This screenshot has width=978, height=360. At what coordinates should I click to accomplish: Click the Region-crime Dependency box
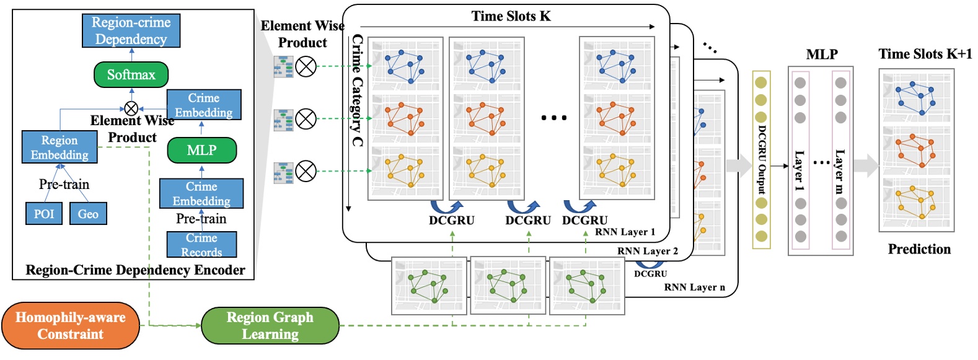(131, 31)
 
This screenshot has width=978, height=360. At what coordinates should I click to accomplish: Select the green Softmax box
(131, 75)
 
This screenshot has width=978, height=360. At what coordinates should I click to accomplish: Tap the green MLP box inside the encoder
(201, 150)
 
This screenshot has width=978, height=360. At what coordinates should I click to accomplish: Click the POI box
(44, 214)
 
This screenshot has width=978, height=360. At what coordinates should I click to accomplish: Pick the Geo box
(88, 214)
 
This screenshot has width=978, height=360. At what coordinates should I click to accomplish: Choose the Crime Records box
(201, 245)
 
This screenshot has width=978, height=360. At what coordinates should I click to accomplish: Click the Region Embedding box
(59, 147)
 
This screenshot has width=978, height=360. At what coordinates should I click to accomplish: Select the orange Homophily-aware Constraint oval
(70, 326)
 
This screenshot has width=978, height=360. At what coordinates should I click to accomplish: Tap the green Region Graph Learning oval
(270, 326)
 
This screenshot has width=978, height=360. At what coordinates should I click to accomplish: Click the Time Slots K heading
(511, 16)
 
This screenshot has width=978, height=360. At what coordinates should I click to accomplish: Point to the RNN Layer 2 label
(647, 251)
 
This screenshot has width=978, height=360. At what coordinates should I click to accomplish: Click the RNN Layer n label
(694, 287)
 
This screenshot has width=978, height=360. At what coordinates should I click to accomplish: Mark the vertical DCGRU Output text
(762, 159)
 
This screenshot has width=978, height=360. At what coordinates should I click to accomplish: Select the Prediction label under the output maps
(919, 249)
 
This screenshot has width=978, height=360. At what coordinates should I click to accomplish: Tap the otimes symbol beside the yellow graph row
(306, 171)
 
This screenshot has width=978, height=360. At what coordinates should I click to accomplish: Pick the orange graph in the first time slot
(405, 118)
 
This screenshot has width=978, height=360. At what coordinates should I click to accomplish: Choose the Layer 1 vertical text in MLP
(800, 170)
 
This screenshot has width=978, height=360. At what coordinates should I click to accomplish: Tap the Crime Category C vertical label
(357, 90)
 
